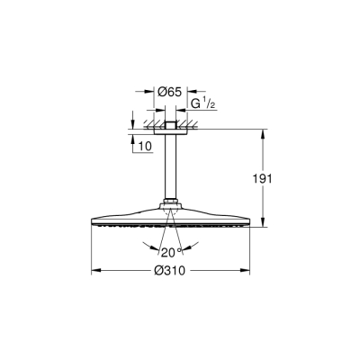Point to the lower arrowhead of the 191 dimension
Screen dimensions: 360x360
(263, 225)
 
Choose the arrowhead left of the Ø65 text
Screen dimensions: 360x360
(148, 91)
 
